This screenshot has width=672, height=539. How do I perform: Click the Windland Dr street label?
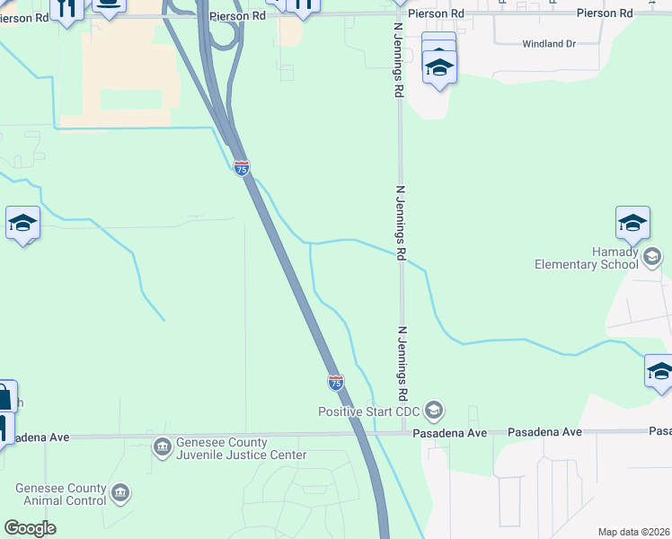[548, 43]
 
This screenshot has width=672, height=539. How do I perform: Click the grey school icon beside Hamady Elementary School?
[652, 258]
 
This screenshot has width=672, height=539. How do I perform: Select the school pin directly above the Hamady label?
[632, 225]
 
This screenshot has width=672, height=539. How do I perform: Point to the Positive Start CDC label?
[370, 411]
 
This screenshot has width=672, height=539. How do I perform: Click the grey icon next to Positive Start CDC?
[434, 411]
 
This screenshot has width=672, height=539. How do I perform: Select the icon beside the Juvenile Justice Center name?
[162, 446]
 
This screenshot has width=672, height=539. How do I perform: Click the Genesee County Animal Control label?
[60, 495]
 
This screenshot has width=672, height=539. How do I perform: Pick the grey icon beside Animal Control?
[120, 493]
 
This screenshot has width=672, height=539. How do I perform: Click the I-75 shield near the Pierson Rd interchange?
[241, 167]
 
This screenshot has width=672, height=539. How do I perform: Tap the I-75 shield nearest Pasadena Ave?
[335, 382]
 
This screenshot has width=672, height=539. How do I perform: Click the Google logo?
[30, 527]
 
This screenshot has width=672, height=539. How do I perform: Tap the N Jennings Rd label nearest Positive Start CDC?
[402, 363]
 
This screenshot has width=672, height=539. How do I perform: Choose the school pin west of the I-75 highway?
[22, 225]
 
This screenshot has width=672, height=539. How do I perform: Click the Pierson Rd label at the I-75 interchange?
[237, 15]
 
